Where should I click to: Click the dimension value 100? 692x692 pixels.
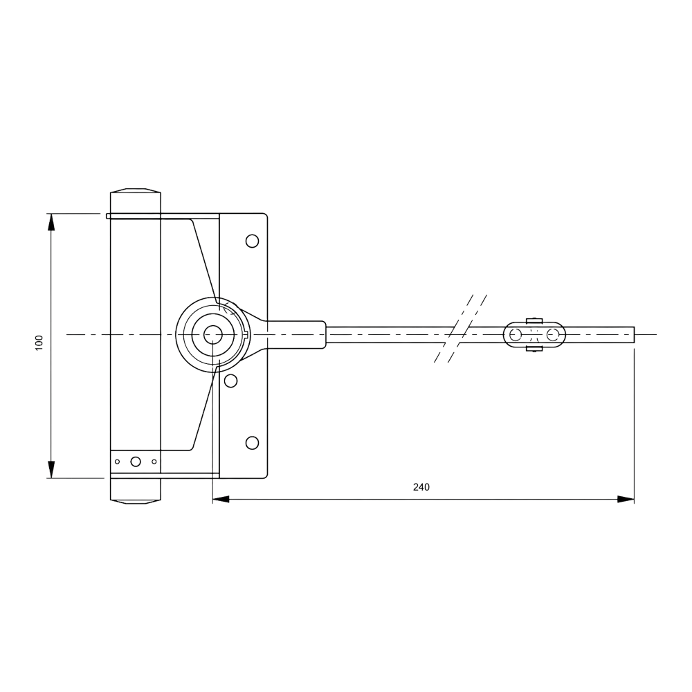(x=39, y=343)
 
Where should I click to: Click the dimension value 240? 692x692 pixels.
(x=421, y=486)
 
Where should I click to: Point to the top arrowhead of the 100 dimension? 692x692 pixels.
(x=51, y=222)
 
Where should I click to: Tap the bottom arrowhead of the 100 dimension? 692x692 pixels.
(x=51, y=470)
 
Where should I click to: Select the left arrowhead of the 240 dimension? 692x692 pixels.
(x=221, y=499)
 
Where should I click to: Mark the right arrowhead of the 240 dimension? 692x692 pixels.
(x=626, y=499)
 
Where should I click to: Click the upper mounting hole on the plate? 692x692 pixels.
(x=252, y=242)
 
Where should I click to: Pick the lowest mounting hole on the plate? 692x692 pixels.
(x=252, y=443)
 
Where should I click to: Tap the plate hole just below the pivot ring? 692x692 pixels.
(x=230, y=381)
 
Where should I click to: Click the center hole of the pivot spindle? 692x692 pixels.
(x=212, y=335)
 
